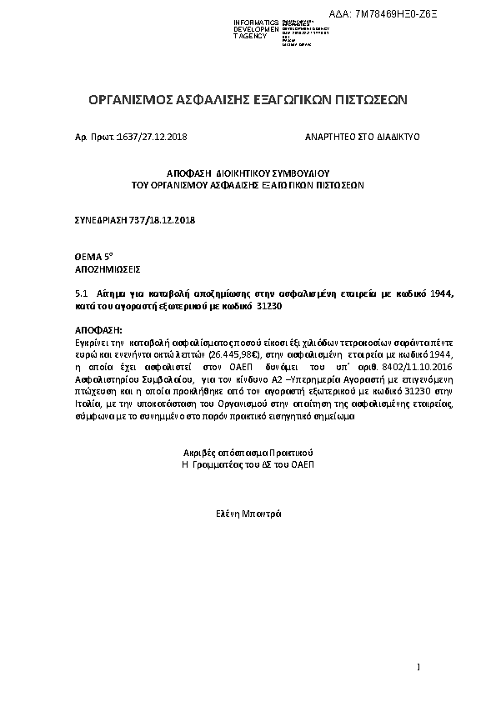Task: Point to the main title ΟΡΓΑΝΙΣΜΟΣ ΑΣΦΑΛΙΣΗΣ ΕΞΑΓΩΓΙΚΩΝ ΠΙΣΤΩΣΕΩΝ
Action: (248, 100)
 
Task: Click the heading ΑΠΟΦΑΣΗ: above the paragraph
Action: (98, 331)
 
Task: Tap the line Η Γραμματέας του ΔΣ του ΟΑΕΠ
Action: (248, 463)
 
